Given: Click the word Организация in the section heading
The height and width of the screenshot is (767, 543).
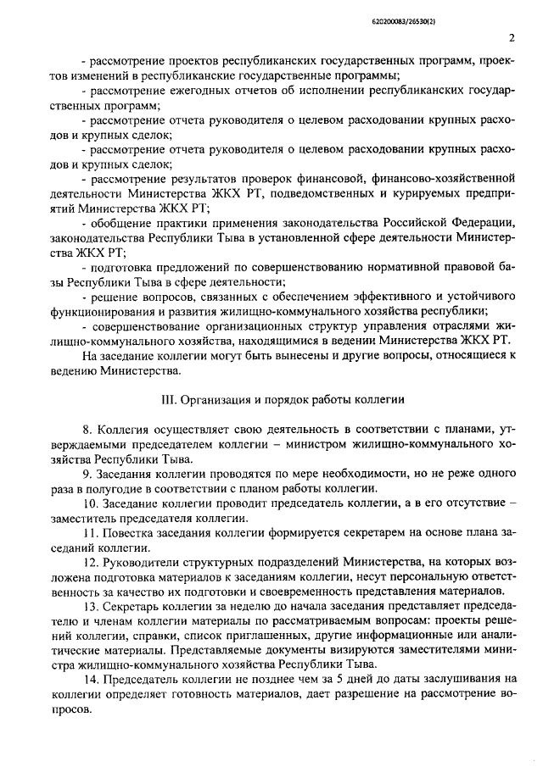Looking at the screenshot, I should coord(211,397).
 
